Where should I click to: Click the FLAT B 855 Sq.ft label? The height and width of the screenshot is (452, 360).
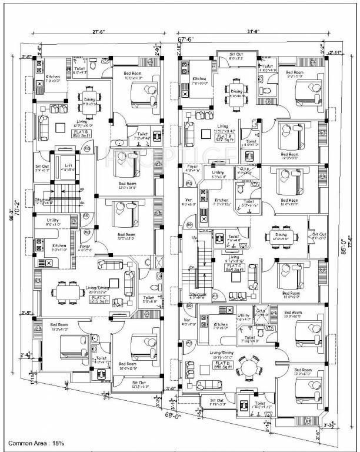point(79,132)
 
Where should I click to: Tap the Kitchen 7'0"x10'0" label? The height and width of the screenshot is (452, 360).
point(199,81)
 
